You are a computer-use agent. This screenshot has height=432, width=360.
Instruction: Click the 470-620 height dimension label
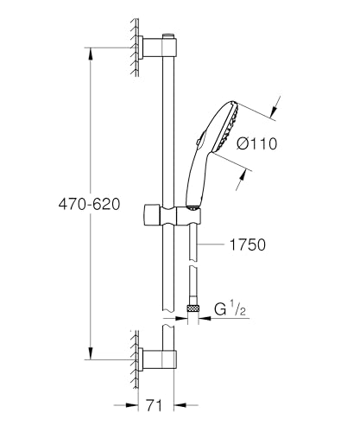point(89,205)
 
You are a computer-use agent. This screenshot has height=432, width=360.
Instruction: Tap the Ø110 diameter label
point(257,143)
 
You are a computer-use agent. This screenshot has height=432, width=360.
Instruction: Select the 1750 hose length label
point(248,245)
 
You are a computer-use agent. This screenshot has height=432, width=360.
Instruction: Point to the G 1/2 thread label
point(231,309)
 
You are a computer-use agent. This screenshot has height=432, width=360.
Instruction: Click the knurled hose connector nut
point(193,308)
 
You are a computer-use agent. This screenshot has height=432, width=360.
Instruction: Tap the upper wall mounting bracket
point(157,48)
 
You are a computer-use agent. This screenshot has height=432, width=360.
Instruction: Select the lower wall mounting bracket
point(157,359)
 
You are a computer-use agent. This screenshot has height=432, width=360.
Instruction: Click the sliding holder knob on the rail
point(151,215)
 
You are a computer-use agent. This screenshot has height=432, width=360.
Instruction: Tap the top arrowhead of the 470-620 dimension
point(91,54)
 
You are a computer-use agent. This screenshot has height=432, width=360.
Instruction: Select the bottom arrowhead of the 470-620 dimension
point(91,353)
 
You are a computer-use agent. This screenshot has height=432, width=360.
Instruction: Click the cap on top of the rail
point(168,36)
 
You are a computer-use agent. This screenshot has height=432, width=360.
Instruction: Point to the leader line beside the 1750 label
point(211,245)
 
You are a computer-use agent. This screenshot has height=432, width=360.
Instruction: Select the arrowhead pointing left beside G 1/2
point(205,319)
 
